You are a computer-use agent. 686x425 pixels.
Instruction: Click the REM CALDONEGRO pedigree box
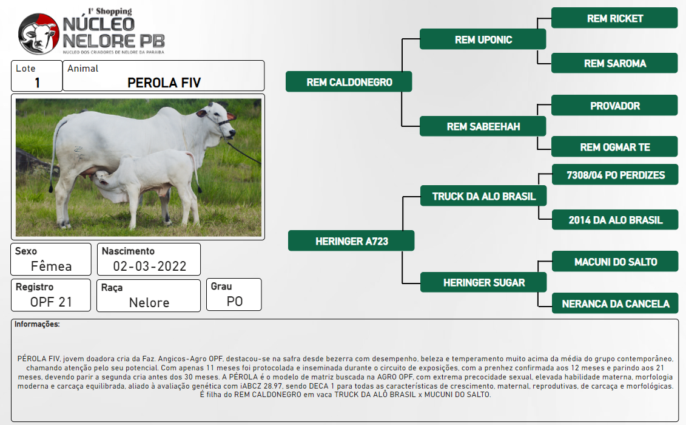click(x=349, y=81)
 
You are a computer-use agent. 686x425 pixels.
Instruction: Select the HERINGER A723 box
click(x=351, y=240)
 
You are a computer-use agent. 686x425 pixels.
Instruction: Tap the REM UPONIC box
click(x=483, y=39)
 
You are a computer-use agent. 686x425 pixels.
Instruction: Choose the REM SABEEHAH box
click(x=483, y=126)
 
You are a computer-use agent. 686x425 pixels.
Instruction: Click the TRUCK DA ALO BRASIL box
click(x=483, y=196)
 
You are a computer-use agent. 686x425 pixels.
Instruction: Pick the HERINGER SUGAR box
click(x=483, y=282)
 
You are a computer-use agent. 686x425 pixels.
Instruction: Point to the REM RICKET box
click(x=614, y=18)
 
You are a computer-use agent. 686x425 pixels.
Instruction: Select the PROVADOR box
click(x=614, y=106)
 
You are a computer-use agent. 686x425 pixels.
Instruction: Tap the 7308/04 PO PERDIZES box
click(x=615, y=175)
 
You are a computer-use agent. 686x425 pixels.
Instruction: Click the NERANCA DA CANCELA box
click(x=615, y=303)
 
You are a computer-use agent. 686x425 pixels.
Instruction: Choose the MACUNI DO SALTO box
click(x=615, y=262)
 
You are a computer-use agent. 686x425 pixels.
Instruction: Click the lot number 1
click(x=38, y=83)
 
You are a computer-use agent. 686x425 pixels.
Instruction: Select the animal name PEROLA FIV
click(x=164, y=83)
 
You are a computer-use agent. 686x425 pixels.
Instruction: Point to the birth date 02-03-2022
click(x=150, y=266)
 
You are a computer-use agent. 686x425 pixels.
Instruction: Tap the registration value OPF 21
click(x=51, y=302)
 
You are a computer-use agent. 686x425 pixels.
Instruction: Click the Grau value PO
click(x=235, y=301)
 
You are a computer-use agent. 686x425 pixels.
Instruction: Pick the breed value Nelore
click(x=149, y=302)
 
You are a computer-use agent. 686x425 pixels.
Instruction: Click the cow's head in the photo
click(x=217, y=120)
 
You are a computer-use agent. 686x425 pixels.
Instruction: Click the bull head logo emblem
click(x=38, y=34)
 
